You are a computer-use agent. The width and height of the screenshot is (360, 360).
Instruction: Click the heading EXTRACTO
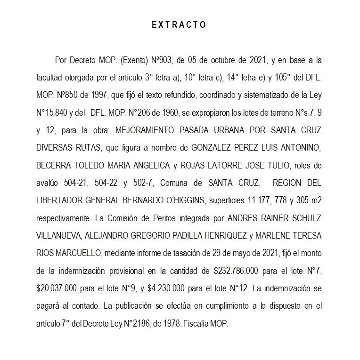pyautogui.click(x=179, y=25)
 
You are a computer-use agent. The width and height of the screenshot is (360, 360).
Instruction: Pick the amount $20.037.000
pyautogui.click(x=59, y=287)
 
